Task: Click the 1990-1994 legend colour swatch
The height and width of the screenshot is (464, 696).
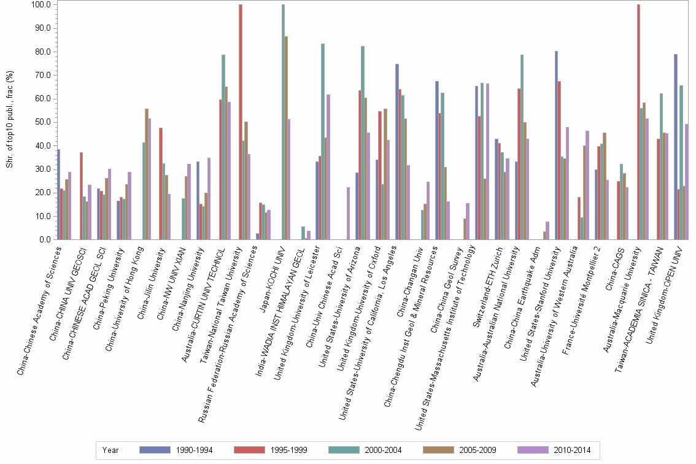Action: click(155, 450)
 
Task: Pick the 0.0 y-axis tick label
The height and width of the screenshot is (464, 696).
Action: click(46, 240)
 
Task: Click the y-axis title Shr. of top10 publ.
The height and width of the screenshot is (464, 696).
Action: click(9, 123)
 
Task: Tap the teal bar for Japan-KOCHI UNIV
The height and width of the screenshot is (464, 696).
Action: click(283, 122)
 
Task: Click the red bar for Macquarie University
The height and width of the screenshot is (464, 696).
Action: click(639, 122)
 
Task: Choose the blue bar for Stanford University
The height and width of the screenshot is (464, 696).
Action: click(556, 145)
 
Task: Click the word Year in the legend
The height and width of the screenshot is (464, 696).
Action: click(111, 450)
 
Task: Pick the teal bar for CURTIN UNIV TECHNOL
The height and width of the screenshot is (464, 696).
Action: click(223, 147)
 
